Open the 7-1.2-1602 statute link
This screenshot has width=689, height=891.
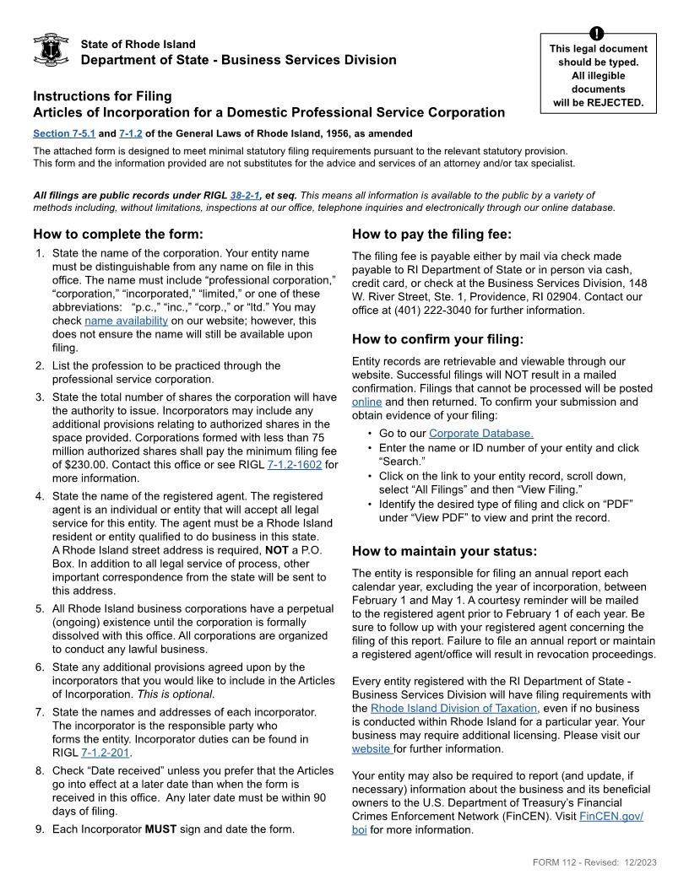pyautogui.click(x=294, y=465)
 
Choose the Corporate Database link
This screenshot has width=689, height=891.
pyautogui.click(x=480, y=434)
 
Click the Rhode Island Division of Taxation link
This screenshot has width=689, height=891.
pyautogui.click(x=453, y=708)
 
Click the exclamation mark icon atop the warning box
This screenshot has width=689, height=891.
pyautogui.click(x=598, y=34)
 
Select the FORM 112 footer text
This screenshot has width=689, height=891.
pyautogui.click(x=594, y=861)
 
